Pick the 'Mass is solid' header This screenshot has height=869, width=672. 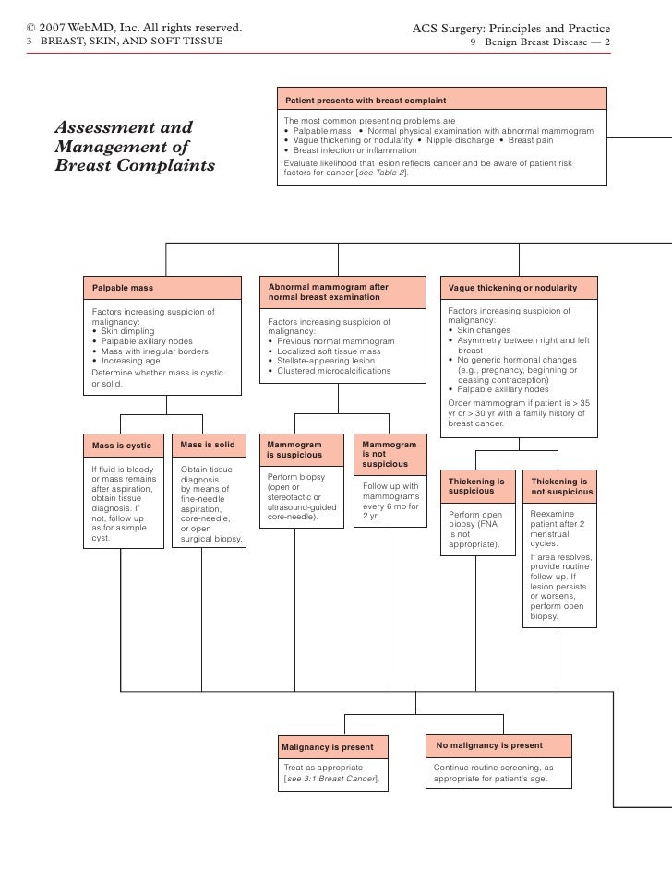tap(208, 445)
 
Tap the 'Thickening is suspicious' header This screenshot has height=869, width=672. tap(476, 486)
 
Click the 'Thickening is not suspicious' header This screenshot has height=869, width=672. tap(559, 486)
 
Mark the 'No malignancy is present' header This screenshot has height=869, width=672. tap(490, 745)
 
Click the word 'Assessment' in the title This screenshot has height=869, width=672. tap(124, 127)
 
